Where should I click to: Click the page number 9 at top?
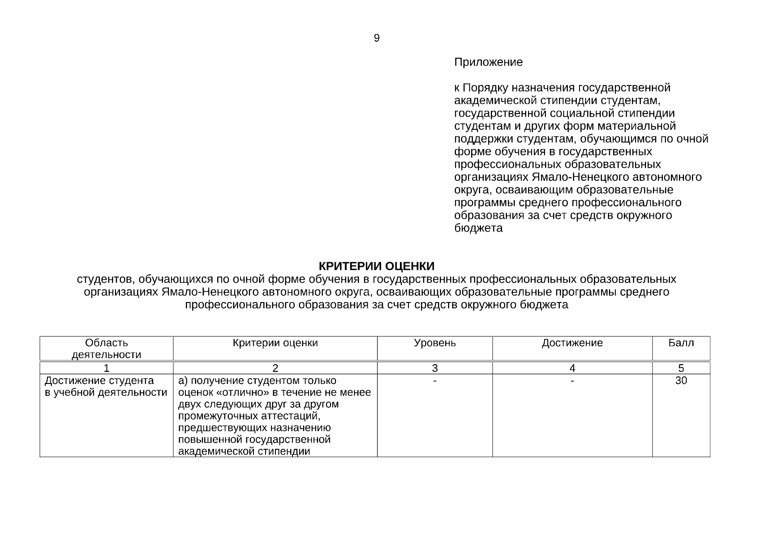pyautogui.click(x=377, y=38)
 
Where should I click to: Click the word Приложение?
pyautogui.click(x=488, y=62)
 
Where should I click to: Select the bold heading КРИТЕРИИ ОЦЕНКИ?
pyautogui.click(x=376, y=266)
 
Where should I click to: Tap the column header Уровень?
pyautogui.click(x=434, y=343)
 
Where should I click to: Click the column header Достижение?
pyautogui.click(x=572, y=343)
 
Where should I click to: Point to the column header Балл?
pyautogui.click(x=681, y=343)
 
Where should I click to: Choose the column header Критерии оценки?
pyautogui.click(x=275, y=343)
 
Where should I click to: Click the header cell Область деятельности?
pyautogui.click(x=106, y=349)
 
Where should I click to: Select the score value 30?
pyautogui.click(x=681, y=381)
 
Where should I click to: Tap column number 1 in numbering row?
pyautogui.click(x=106, y=368)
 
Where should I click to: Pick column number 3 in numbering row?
pyautogui.click(x=434, y=368)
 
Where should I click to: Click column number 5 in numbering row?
pyautogui.click(x=681, y=368)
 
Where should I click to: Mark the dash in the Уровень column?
pyautogui.click(x=434, y=381)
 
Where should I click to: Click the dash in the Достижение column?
pyautogui.click(x=572, y=381)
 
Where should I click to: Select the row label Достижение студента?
pyautogui.click(x=99, y=381)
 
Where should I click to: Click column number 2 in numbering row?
pyautogui.click(x=275, y=368)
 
